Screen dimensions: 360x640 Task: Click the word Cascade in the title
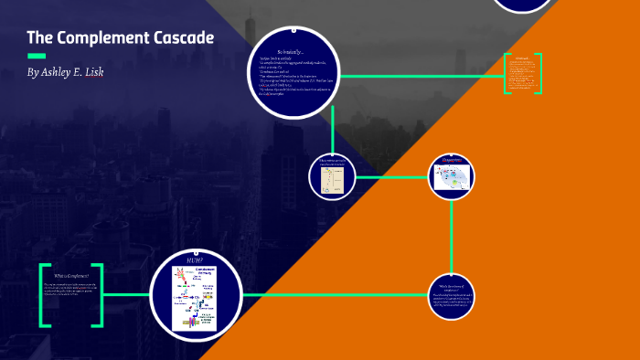coord(183,38)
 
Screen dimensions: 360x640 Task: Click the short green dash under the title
coord(37,57)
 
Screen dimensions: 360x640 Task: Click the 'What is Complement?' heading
coord(71,276)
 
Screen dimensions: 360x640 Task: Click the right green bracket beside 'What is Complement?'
coord(99,295)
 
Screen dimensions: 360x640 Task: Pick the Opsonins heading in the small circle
coord(452,162)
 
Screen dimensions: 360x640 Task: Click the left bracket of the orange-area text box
coord(507,74)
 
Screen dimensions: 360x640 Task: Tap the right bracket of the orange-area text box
coord(539,74)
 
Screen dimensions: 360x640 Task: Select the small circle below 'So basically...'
coord(331,175)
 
